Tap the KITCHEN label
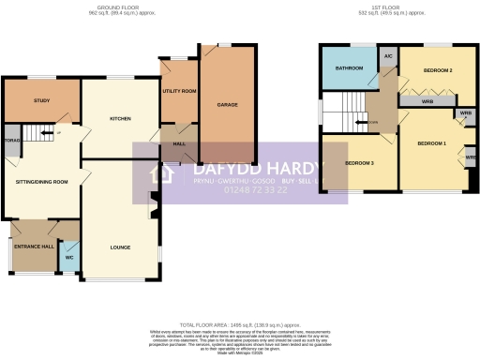tap(119, 119)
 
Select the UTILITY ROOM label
tap(178, 91)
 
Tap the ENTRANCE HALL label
tap(34, 247)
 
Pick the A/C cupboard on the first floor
tap(388, 57)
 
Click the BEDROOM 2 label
tap(437, 70)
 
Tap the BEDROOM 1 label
tap(431, 142)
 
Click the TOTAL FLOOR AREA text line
tap(240, 320)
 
